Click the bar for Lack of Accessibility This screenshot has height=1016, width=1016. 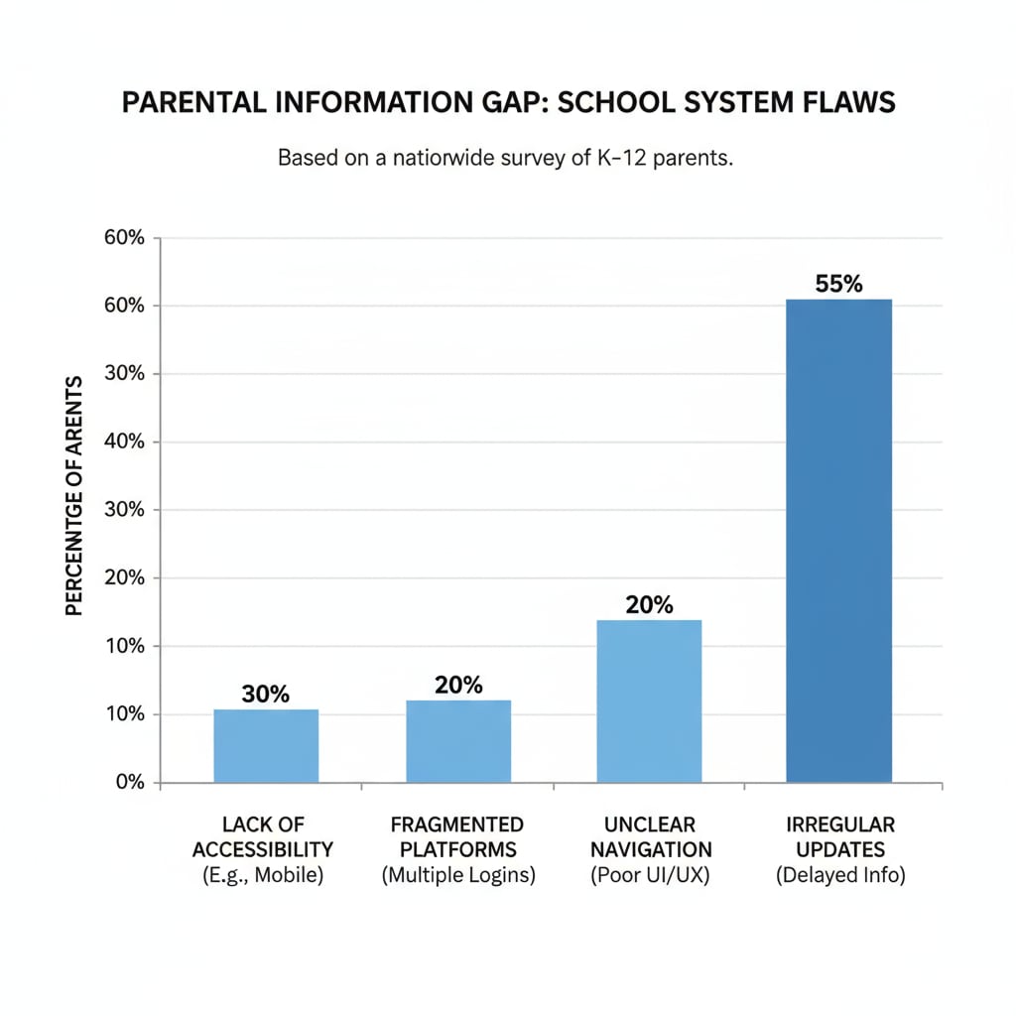(266, 745)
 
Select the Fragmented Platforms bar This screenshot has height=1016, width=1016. (458, 741)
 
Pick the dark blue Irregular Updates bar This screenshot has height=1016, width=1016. (838, 540)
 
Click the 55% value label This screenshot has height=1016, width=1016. (838, 284)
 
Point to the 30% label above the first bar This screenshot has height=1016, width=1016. (265, 695)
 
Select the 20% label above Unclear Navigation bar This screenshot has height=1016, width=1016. (650, 604)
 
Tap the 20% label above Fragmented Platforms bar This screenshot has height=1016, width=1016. (458, 685)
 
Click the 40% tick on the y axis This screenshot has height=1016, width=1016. (124, 442)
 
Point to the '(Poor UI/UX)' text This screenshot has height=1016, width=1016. (650, 876)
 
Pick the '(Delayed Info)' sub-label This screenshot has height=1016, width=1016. (840, 876)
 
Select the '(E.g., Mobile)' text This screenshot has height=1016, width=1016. (263, 876)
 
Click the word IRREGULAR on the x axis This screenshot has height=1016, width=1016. (840, 825)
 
